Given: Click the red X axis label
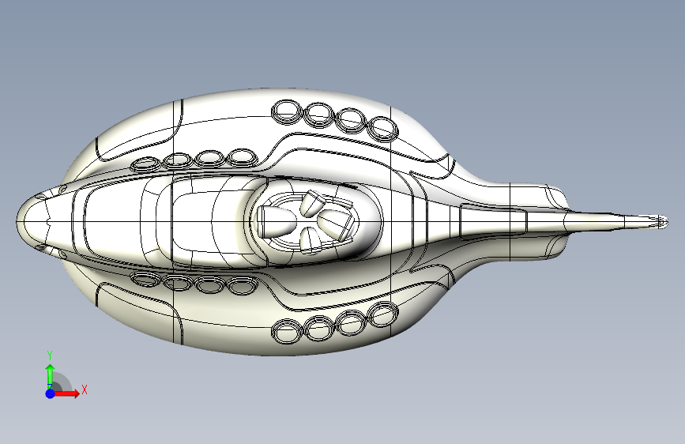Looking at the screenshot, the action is pos(84,389).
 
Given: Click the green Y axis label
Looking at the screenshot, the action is pos(50,355).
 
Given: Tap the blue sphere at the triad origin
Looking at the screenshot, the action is pos(50,393).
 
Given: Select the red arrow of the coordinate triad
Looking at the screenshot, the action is pos(70,393).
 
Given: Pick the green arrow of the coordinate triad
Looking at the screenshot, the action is pos(50,373).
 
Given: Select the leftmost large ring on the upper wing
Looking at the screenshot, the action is pos(286,112).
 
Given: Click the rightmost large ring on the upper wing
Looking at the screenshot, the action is pos(383,128).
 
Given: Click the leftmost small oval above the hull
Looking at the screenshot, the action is pos(145,165).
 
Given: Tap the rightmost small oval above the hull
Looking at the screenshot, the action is pos(242,156).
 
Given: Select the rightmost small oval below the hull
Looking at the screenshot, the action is pos(242,288).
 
